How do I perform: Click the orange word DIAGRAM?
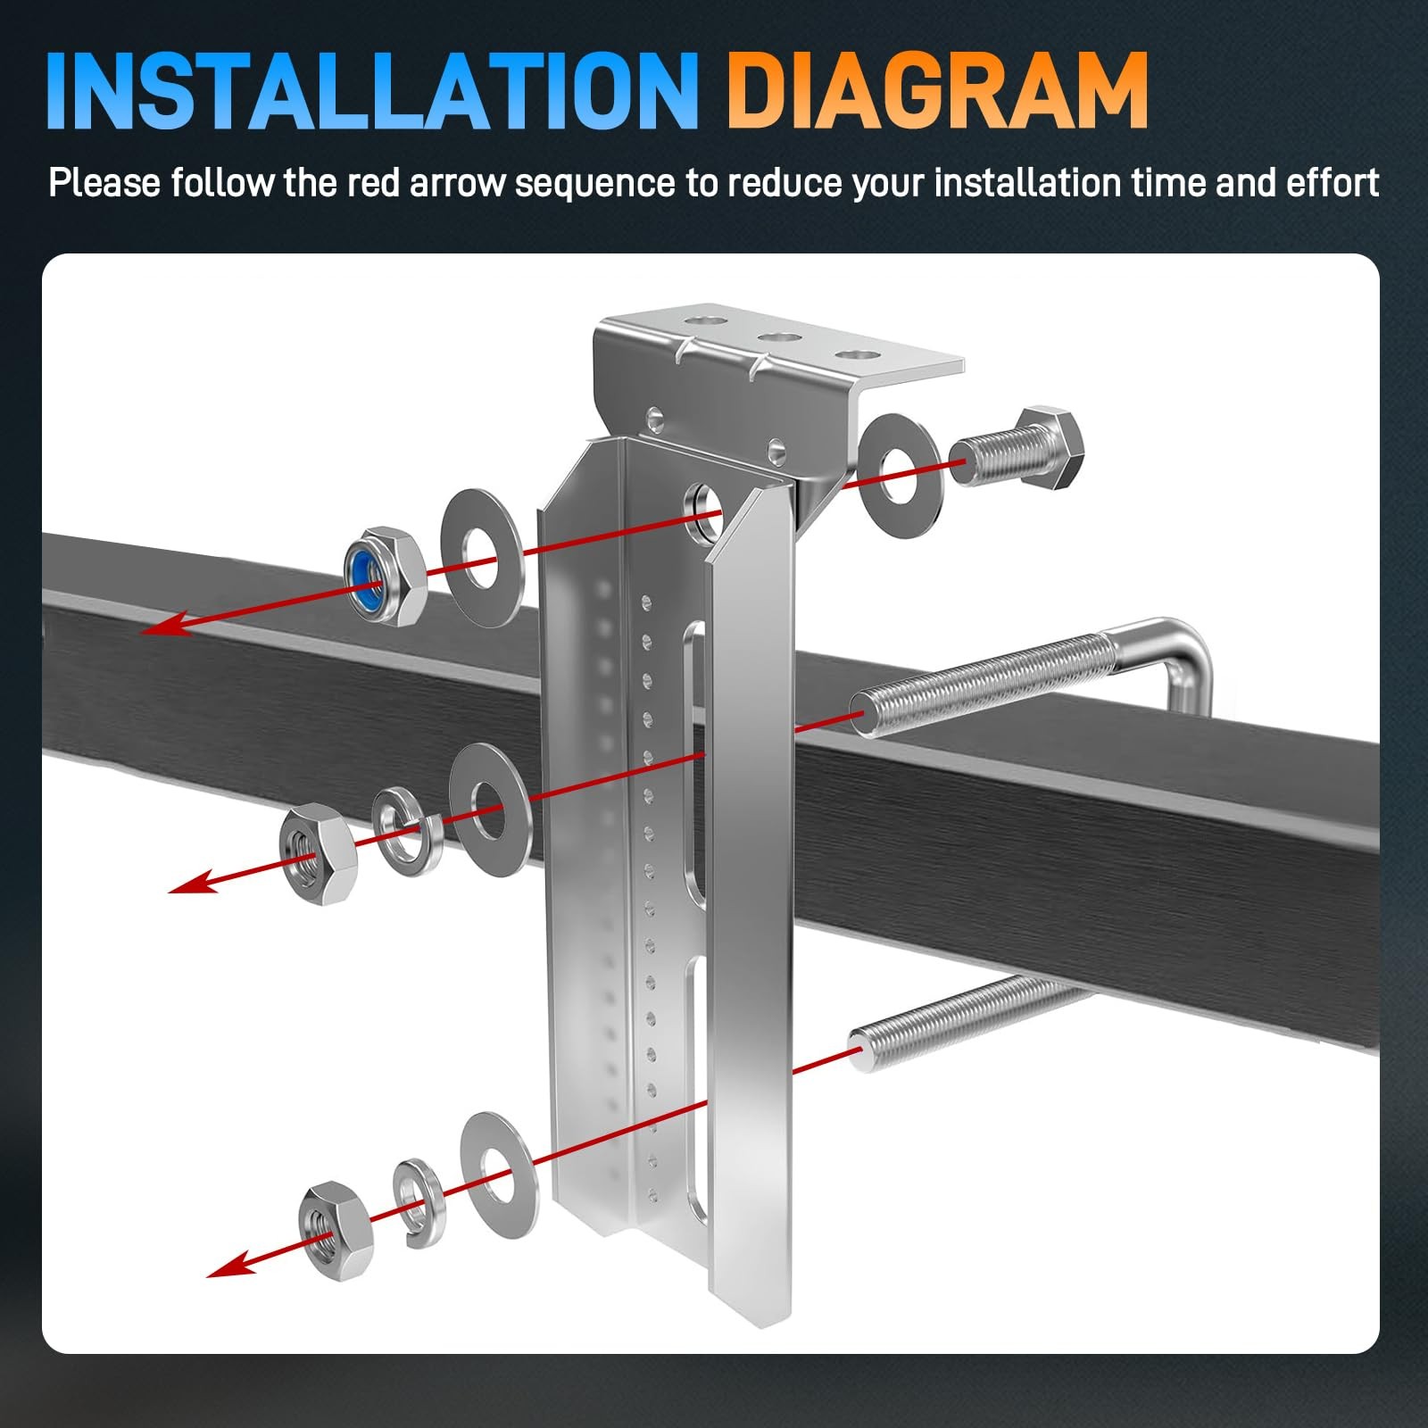point(937,91)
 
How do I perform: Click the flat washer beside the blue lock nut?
point(483,557)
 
